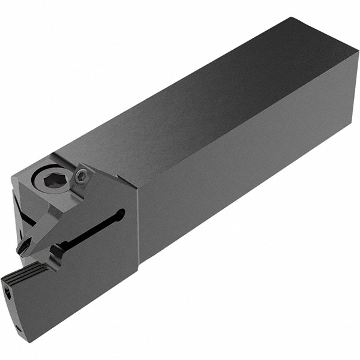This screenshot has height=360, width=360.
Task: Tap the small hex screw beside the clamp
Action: pos(83,175)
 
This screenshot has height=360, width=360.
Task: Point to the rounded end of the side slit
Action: pos(122,212)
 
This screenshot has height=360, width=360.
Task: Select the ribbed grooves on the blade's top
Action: pos(27,271)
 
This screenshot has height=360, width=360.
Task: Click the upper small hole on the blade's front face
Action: pos(9,292)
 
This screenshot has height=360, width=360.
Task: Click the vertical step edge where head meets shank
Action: pos(140,222)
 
